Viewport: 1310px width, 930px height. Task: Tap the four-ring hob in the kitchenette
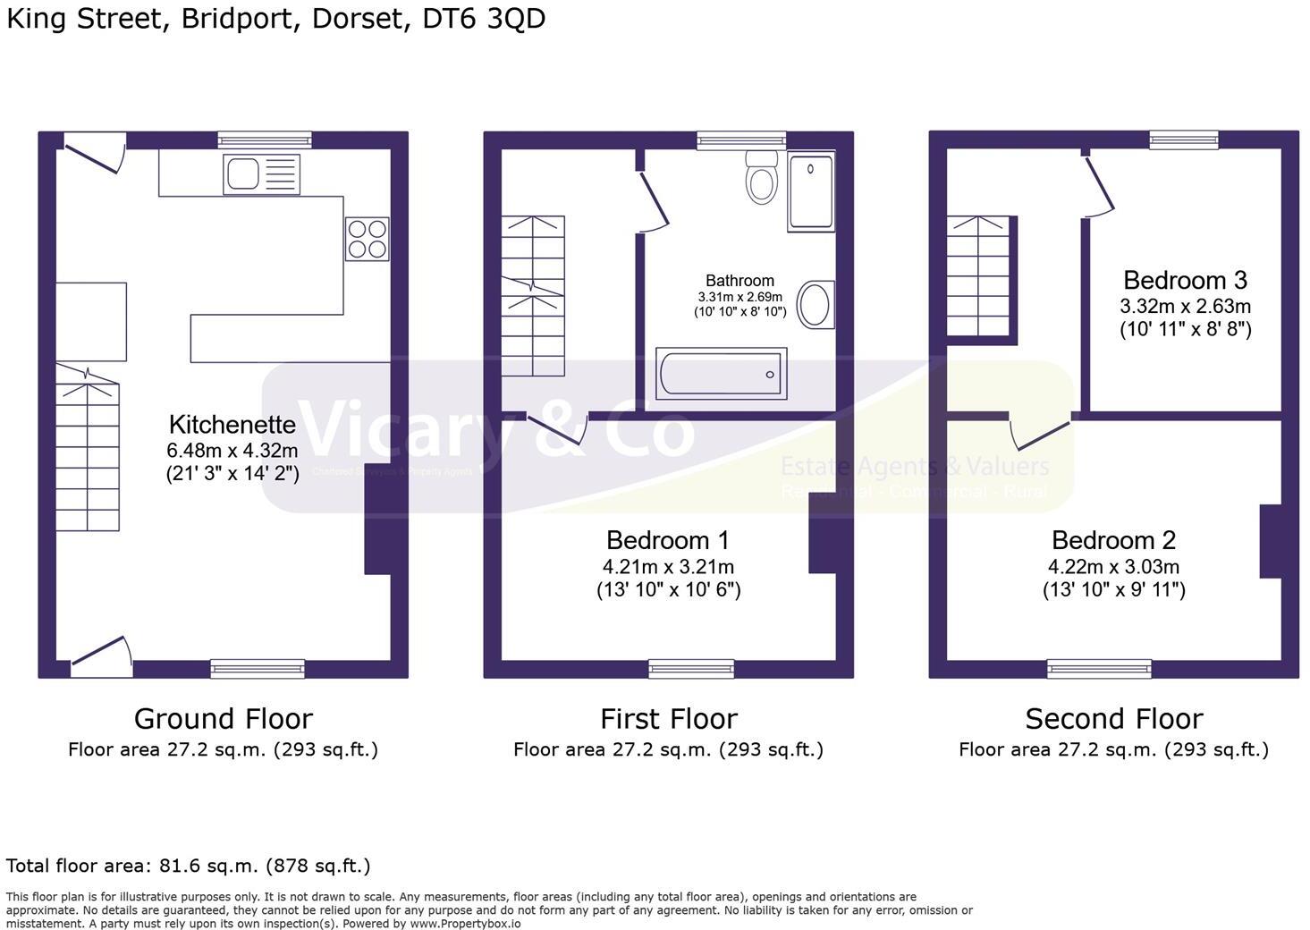(367, 239)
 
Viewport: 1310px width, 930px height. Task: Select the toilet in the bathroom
(761, 176)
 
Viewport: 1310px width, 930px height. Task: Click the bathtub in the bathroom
(721, 374)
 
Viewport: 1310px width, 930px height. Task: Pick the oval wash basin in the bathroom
(815, 304)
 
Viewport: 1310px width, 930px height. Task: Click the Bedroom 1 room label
(667, 540)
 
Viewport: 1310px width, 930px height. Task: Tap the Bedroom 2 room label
(1113, 540)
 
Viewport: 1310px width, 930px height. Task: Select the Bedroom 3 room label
(1185, 280)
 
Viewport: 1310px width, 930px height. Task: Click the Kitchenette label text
(232, 424)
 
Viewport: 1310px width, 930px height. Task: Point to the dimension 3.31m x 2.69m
(740, 297)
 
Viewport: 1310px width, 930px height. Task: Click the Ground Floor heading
(223, 718)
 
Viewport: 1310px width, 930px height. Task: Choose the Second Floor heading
(1113, 718)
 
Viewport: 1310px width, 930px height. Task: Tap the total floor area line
(188, 866)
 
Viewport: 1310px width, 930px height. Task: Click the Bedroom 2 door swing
(1039, 434)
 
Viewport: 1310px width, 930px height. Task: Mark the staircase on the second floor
(980, 277)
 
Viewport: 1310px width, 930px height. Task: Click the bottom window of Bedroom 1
(691, 668)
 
